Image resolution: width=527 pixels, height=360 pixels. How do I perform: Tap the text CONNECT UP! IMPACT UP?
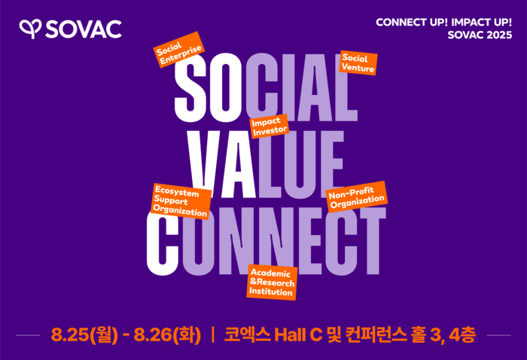click(443, 22)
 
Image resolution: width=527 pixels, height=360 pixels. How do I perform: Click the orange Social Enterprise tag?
click(178, 50)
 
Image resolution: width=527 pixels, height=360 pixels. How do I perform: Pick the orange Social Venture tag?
click(358, 63)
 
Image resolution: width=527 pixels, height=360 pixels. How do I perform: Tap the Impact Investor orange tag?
click(269, 126)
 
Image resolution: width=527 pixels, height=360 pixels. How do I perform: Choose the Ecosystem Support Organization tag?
click(180, 201)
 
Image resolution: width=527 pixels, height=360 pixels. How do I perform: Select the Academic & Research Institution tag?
click(272, 282)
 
